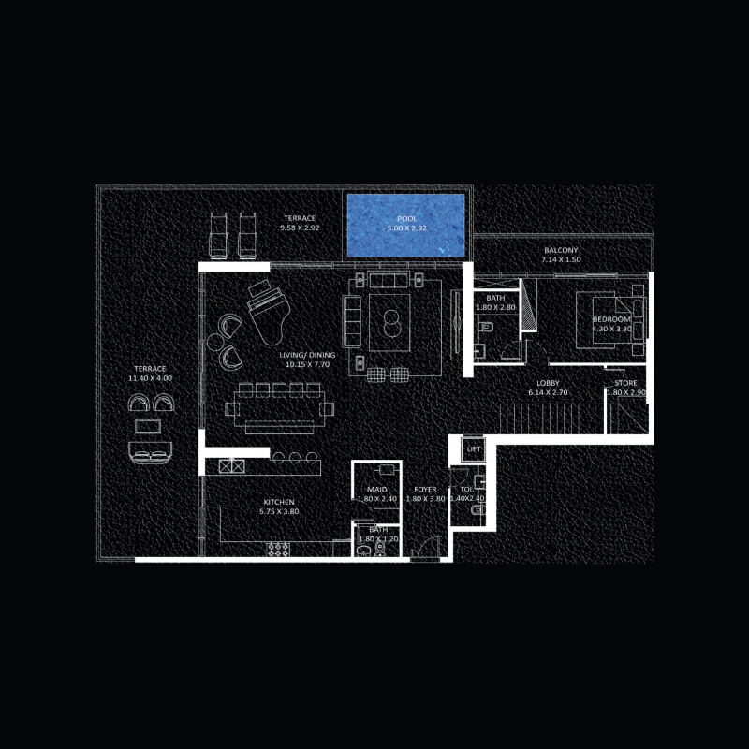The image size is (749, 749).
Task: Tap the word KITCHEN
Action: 279,502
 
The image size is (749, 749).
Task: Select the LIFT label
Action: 473,450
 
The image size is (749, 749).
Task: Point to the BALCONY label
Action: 561,251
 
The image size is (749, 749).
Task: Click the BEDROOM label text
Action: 612,319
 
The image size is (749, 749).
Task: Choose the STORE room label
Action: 626,384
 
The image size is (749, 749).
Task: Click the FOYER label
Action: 426,490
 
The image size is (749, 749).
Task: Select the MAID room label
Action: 377,490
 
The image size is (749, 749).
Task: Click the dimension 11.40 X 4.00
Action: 151,379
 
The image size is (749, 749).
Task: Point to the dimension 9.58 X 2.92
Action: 300,228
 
